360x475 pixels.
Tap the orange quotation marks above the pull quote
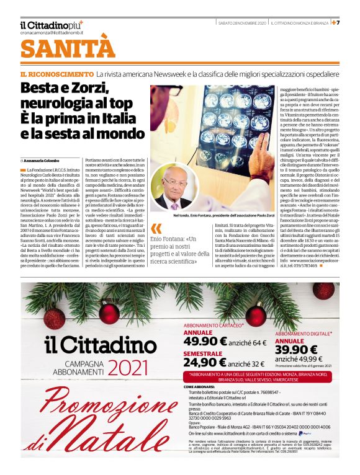pos(156,228)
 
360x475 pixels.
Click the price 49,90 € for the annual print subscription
pos(209,341)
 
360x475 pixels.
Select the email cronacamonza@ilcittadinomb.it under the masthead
pos(50,32)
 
